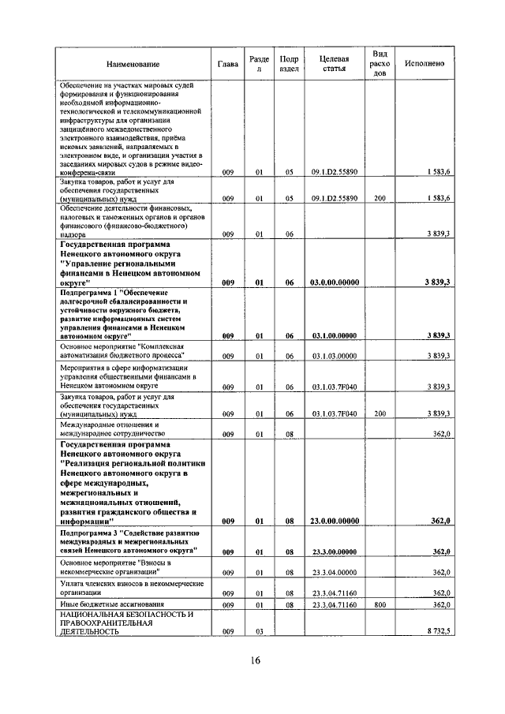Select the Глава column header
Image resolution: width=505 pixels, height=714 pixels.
point(226,63)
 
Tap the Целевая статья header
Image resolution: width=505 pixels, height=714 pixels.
point(335,63)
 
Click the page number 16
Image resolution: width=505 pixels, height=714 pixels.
point(252,660)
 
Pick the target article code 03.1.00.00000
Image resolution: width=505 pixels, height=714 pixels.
point(335,335)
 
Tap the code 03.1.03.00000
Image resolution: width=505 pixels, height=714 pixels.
point(335,357)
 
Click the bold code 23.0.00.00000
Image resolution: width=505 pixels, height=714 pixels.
point(335,521)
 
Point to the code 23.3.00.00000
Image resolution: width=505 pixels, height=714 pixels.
point(335,551)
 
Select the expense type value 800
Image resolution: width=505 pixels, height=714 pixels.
point(380,604)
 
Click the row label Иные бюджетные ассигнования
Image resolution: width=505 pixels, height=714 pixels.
point(107,604)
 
